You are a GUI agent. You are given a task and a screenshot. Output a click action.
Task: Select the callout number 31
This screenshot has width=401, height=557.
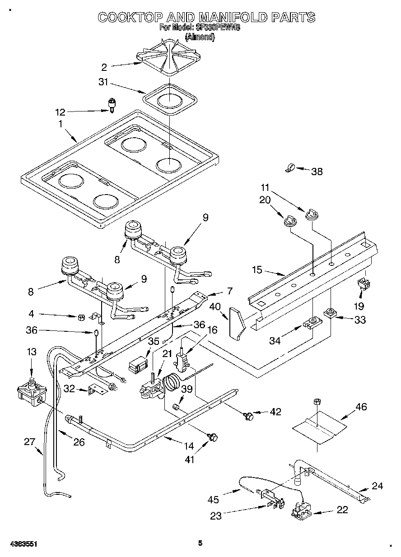[104, 83]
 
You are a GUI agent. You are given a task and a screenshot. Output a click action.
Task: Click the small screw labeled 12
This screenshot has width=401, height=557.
[111, 105]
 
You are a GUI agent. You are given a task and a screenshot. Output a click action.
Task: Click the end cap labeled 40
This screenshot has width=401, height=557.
[237, 322]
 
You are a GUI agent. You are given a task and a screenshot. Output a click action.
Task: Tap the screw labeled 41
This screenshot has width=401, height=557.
[213, 436]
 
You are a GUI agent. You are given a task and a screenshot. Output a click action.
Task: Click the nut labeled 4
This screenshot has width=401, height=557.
[81, 317]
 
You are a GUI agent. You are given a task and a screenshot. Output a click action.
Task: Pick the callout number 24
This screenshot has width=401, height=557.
[377, 486]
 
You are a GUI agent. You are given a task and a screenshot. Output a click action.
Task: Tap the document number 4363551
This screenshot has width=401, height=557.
[21, 544]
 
